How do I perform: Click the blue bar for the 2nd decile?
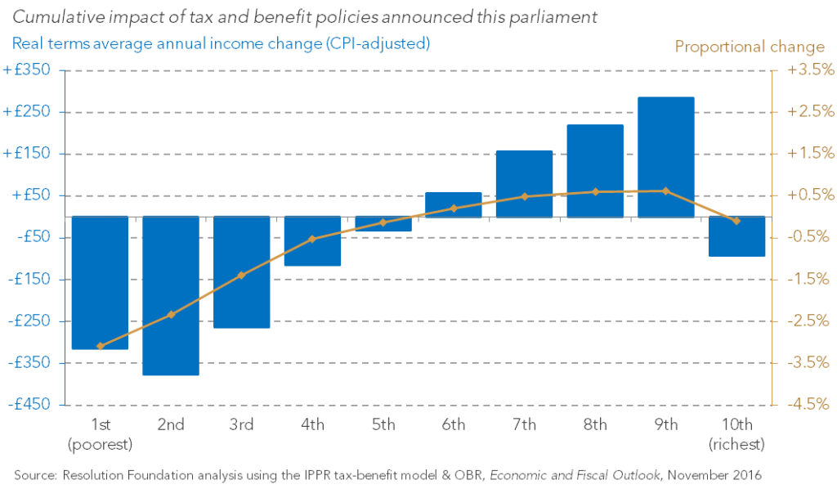(171, 295)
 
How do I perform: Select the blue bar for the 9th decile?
(666, 157)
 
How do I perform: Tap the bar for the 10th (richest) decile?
(736, 236)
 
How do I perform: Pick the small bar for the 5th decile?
(383, 223)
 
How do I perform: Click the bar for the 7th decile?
(524, 184)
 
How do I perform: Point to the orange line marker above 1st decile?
(100, 346)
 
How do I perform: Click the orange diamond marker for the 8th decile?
(595, 192)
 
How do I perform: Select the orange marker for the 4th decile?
(312, 239)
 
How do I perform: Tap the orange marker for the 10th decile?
(736, 221)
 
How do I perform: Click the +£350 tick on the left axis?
(28, 70)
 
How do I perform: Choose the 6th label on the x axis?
(454, 424)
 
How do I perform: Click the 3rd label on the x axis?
(241, 424)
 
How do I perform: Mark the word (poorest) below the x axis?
(100, 444)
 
